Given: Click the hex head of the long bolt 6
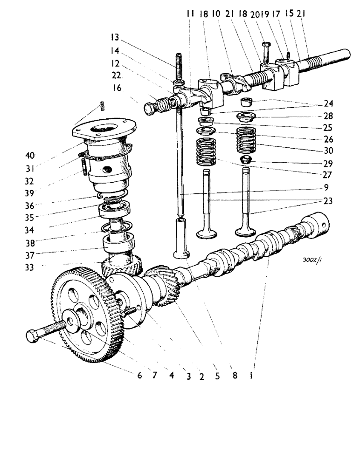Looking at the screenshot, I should coord(32,336).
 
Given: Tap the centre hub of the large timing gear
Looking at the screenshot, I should coord(75,322).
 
